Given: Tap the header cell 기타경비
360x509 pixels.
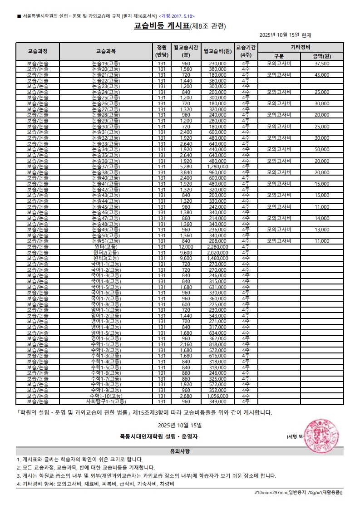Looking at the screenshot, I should tap(301, 47).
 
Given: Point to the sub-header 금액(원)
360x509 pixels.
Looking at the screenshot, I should tap(322, 56).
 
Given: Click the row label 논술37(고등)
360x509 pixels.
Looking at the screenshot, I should tap(106, 166).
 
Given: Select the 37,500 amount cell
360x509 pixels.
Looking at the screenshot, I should tap(322, 64).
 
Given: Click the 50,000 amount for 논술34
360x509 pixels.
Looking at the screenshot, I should tap(322, 149).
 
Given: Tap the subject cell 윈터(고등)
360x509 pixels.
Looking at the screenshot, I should tap(106, 247).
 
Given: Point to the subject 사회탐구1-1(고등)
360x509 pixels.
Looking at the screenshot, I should tap(106, 401).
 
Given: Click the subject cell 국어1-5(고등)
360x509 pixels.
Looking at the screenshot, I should tap(106, 287).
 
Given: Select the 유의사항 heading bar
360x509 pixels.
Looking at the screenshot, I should tap(180, 451).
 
